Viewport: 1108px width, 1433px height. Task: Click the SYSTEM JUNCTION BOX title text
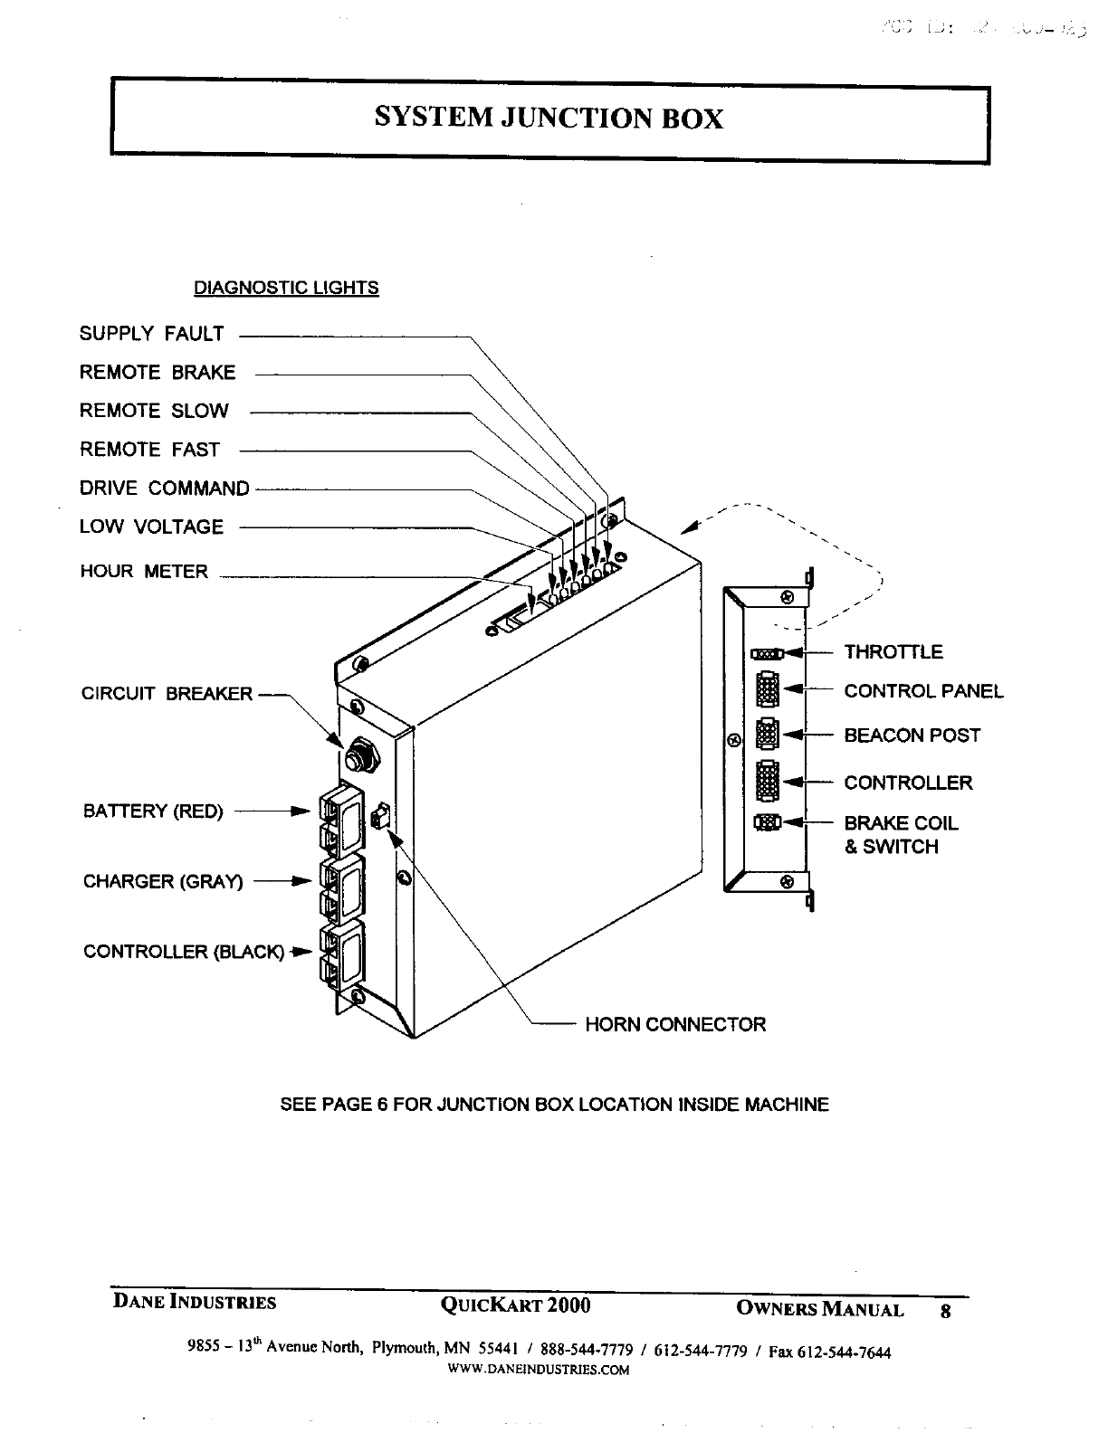click(x=549, y=119)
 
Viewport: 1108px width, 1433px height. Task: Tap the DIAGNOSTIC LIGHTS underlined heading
click(x=286, y=289)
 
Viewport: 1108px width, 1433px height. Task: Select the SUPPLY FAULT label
click(x=151, y=334)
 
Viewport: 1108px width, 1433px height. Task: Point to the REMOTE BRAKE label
click(x=158, y=373)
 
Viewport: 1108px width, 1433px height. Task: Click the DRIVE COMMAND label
click(x=165, y=489)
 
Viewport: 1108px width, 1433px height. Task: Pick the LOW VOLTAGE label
click(x=151, y=527)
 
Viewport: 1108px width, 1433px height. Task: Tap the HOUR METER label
click(x=144, y=572)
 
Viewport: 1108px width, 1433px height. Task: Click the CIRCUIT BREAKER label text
click(x=167, y=694)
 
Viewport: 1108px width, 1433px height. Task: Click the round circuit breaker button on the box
click(x=359, y=752)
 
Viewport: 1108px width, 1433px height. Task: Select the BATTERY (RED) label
click(x=153, y=811)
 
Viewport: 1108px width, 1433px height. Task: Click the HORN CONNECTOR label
click(x=675, y=1024)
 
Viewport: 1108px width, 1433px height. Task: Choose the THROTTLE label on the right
click(x=893, y=652)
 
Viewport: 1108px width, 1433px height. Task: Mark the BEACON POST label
click(x=912, y=735)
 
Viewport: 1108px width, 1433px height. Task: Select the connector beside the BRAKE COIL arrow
click(x=767, y=822)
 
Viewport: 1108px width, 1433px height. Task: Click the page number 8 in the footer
click(x=945, y=1311)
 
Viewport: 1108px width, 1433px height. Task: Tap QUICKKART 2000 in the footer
click(x=514, y=1305)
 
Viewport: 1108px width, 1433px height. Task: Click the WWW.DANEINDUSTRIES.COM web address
click(x=539, y=1370)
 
